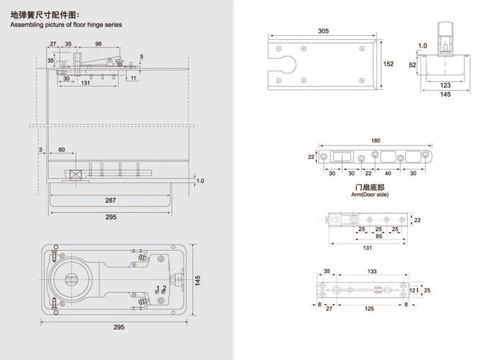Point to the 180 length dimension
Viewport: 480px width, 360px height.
pyautogui.click(x=376, y=141)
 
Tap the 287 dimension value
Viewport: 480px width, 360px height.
pyautogui.click(x=110, y=200)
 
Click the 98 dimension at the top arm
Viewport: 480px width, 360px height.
pyautogui.click(x=98, y=44)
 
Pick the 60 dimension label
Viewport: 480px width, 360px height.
pyautogui.click(x=62, y=149)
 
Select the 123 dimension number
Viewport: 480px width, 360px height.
pyautogui.click(x=445, y=85)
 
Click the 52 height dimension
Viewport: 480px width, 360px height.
pyautogui.click(x=413, y=64)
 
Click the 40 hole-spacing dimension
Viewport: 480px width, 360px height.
pyautogui.click(x=388, y=173)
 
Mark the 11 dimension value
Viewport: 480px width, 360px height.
pyautogui.click(x=133, y=77)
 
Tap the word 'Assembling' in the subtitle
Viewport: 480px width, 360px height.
pyautogui.click(x=28, y=25)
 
